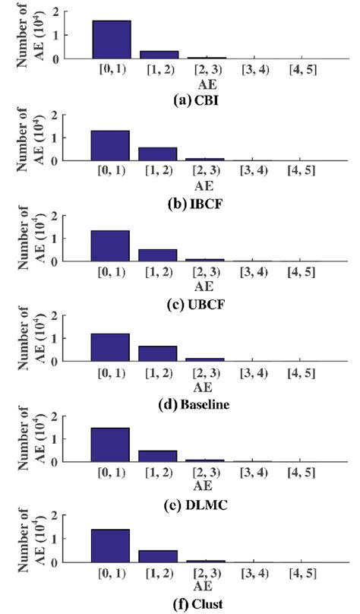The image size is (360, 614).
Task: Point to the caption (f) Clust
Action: click(202, 605)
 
